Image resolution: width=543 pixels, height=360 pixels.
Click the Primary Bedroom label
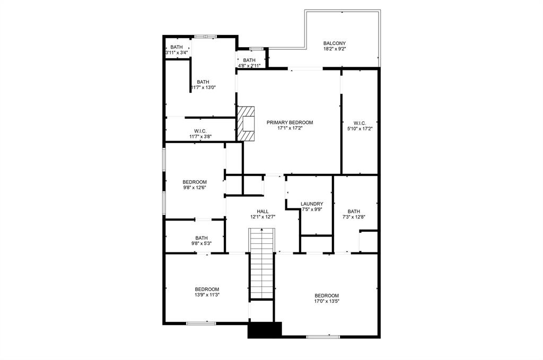(x=290, y=122)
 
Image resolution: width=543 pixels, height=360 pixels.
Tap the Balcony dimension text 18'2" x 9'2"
(x=335, y=49)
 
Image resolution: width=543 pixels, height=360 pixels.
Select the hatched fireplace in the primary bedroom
(x=246, y=124)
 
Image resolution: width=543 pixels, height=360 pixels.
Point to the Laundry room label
(x=311, y=204)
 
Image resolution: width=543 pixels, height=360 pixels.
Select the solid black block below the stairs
(x=265, y=329)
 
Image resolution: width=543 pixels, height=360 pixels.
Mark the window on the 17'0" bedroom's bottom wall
(x=323, y=336)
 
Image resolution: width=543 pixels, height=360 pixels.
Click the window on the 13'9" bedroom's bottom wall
(x=200, y=323)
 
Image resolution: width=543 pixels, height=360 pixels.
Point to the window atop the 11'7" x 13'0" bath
(x=205, y=36)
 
